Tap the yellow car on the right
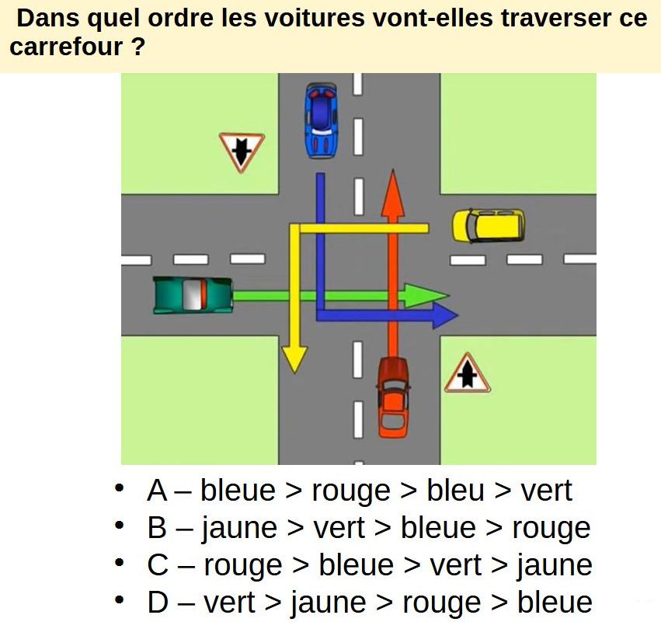click(489, 225)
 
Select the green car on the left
click(193, 295)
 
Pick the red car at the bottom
click(393, 397)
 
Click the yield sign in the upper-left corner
click(242, 151)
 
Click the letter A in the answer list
click(157, 491)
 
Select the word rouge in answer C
click(242, 565)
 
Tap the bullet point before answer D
click(119, 601)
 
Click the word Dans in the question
click(41, 19)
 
